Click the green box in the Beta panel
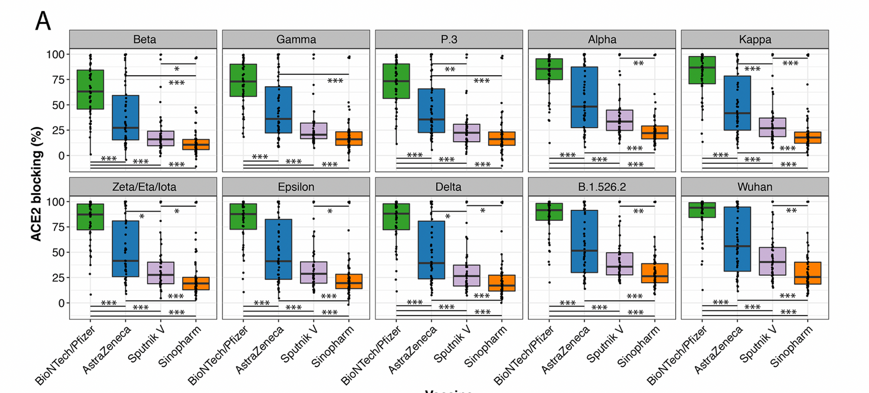[90, 89]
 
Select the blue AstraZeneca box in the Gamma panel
[279, 110]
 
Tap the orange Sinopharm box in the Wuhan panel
[808, 273]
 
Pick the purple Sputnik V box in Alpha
[620, 120]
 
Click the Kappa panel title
[755, 40]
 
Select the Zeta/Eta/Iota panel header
[144, 187]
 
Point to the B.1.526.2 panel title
[602, 187]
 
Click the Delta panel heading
[448, 187]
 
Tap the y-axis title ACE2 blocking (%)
[36, 183]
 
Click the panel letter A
[43, 21]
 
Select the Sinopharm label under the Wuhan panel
[791, 346]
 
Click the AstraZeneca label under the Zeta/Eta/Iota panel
[106, 350]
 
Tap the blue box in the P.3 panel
[431, 110]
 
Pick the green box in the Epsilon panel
[243, 216]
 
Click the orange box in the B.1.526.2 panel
[655, 273]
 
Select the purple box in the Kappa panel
[773, 127]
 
